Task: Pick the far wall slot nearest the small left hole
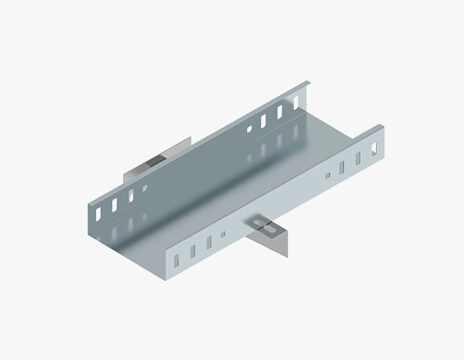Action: click(x=132, y=194)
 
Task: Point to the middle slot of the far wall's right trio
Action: click(x=280, y=113)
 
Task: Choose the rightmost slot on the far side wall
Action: click(x=295, y=103)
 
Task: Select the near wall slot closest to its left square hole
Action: click(x=208, y=240)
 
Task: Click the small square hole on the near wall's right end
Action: click(x=327, y=175)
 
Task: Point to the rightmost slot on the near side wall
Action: click(x=372, y=149)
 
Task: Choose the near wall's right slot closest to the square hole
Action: click(x=342, y=167)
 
